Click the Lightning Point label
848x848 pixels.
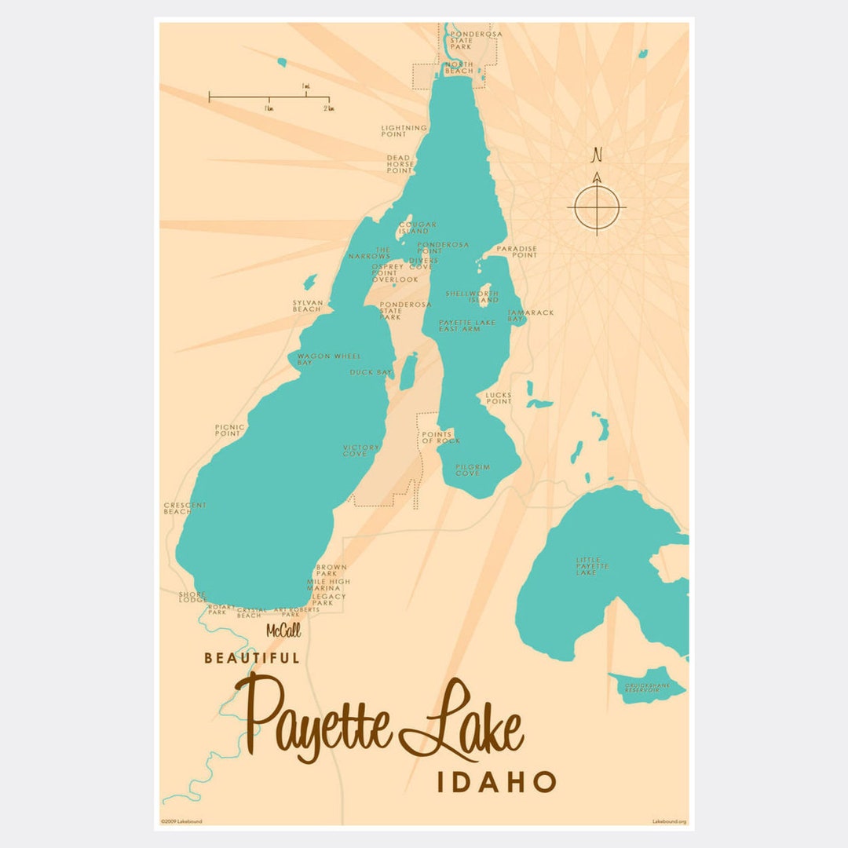(404, 130)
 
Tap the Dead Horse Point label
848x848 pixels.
(399, 163)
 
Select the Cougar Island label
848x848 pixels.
(417, 228)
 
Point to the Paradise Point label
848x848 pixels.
(515, 251)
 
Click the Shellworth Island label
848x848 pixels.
(472, 296)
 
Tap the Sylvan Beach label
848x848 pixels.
(306, 306)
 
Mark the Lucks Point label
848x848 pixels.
(499, 398)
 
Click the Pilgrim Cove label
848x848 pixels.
(473, 470)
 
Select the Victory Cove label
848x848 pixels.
(361, 450)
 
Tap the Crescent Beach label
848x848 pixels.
(185, 508)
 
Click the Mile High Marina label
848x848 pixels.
(328, 584)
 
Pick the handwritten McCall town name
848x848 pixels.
(283, 631)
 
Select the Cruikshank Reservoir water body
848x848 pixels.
(645, 685)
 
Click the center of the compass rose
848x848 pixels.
(597, 207)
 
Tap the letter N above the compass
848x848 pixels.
(598, 155)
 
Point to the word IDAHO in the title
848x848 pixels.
(496, 781)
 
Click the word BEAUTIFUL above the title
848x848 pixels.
(252, 658)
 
